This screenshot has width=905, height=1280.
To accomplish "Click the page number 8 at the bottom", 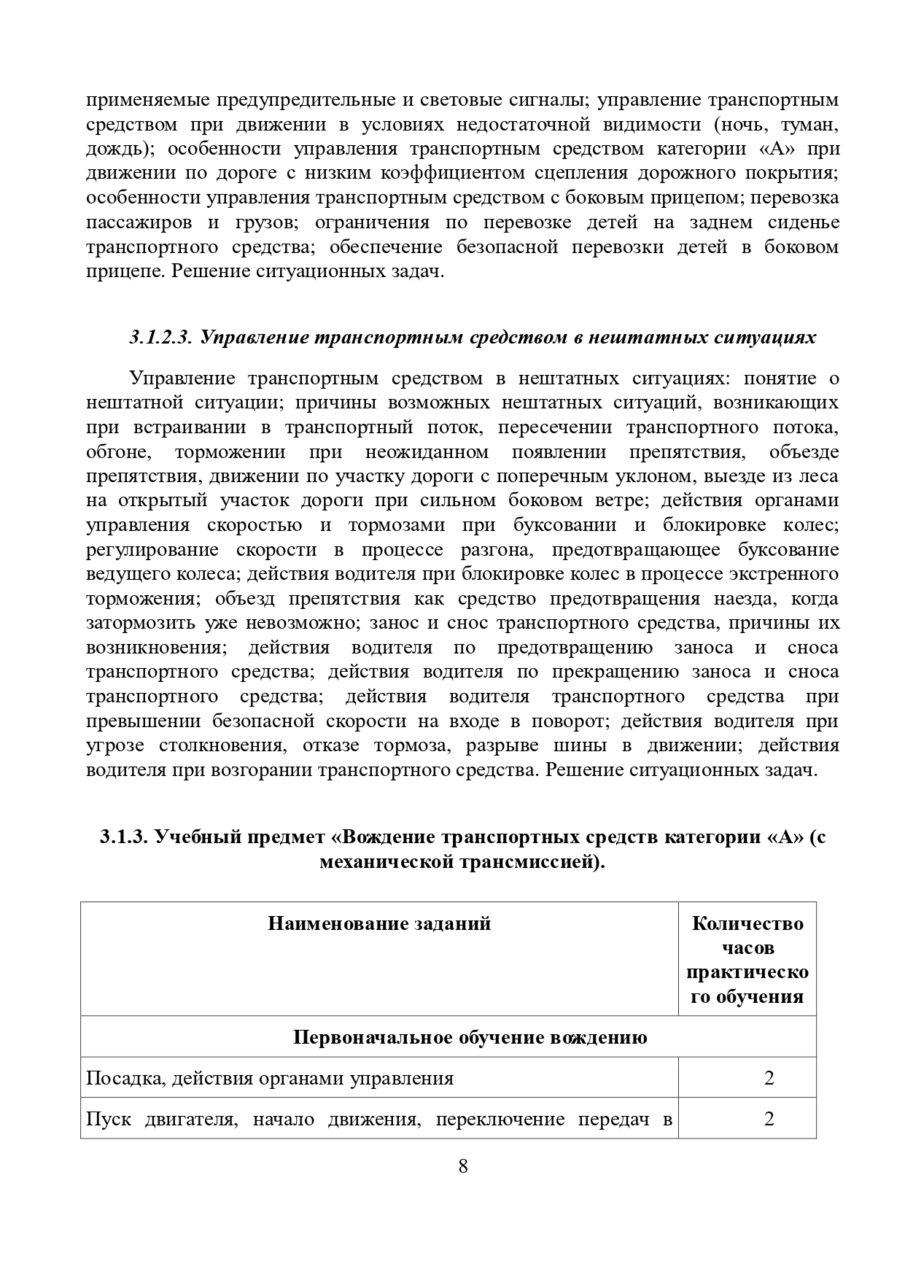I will (462, 1165).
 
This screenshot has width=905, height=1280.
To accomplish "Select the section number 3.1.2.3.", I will (160, 338).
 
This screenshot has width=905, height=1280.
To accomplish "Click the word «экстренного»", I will (784, 574).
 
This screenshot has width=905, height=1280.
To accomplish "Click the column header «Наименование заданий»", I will (379, 924).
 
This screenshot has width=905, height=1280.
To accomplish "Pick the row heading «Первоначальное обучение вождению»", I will (470, 1037).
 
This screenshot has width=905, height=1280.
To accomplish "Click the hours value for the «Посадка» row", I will (769, 1078).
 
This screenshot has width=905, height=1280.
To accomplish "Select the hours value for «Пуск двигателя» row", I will (769, 1119).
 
